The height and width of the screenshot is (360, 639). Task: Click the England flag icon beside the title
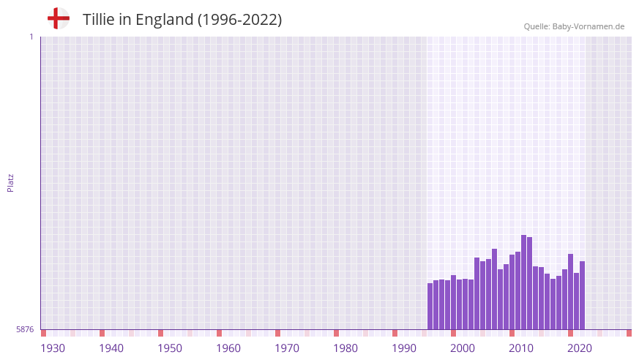(x=58, y=19)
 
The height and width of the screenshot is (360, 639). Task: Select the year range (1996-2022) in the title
(x=239, y=20)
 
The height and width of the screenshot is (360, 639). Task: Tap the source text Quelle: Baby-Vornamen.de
(x=574, y=26)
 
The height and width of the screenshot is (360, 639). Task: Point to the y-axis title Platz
(x=10, y=183)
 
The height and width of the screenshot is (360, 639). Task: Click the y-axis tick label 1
(x=31, y=37)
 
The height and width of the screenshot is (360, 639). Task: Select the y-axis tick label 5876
(x=25, y=329)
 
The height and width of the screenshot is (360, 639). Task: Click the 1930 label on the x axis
(x=53, y=348)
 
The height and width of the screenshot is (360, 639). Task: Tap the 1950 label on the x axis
(x=170, y=348)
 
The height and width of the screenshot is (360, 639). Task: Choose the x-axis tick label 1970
(x=287, y=348)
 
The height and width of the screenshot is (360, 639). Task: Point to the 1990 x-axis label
(x=404, y=348)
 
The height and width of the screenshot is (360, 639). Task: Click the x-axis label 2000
(x=463, y=348)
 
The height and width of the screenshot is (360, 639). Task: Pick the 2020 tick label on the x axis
(x=580, y=348)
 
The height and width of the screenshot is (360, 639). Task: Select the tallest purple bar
(x=523, y=282)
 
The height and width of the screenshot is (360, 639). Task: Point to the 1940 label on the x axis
(x=111, y=348)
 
